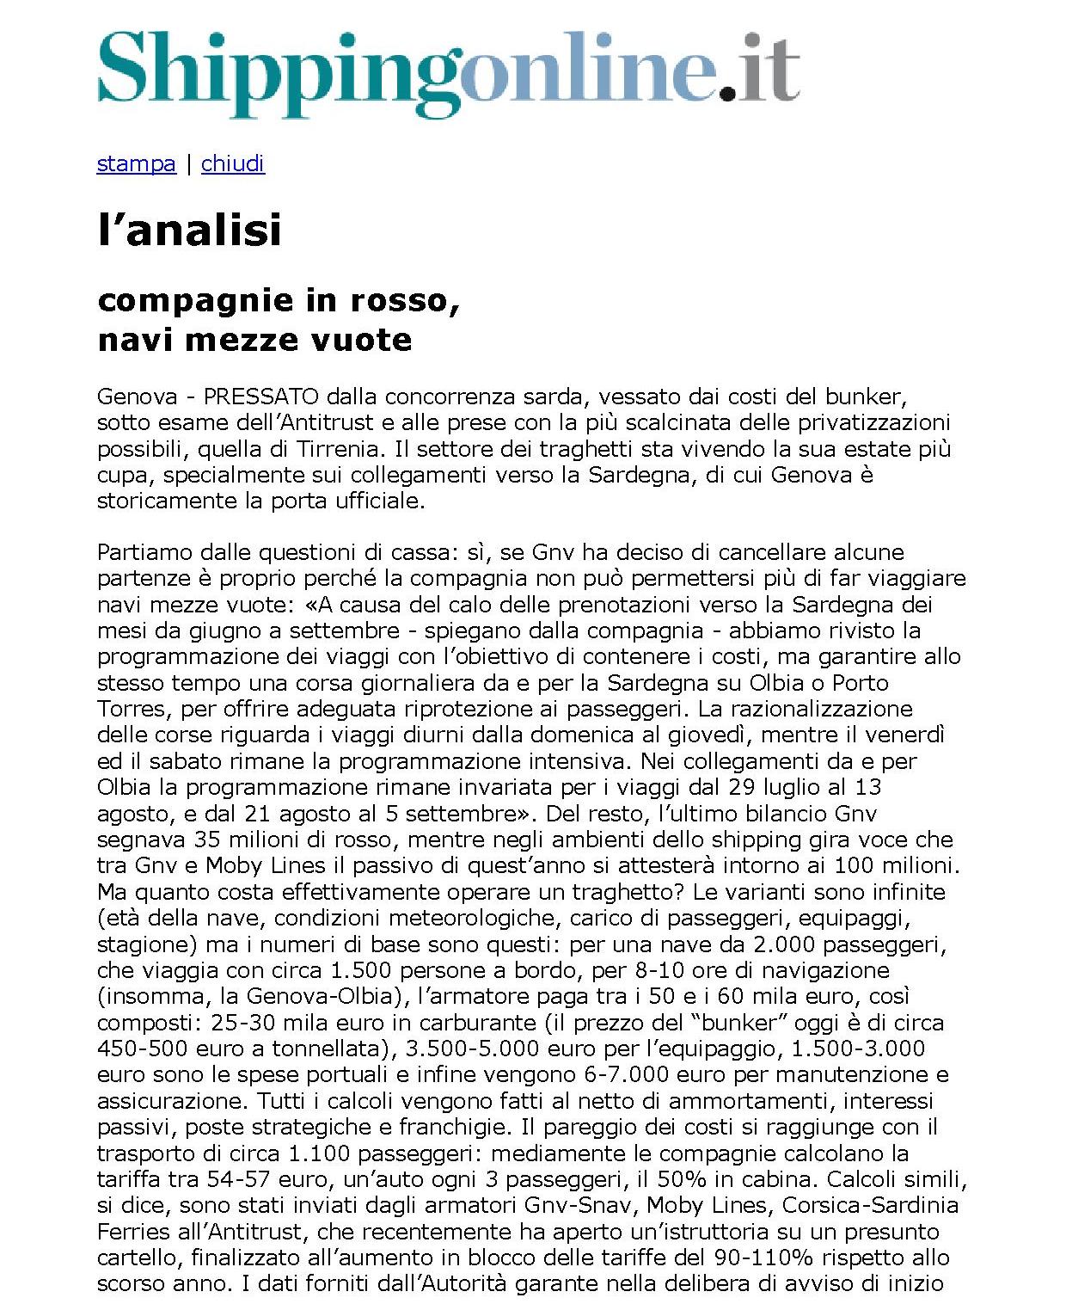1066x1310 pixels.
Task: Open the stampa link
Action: click(136, 163)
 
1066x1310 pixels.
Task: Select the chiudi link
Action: click(233, 163)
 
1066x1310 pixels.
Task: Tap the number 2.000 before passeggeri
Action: click(790, 944)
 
